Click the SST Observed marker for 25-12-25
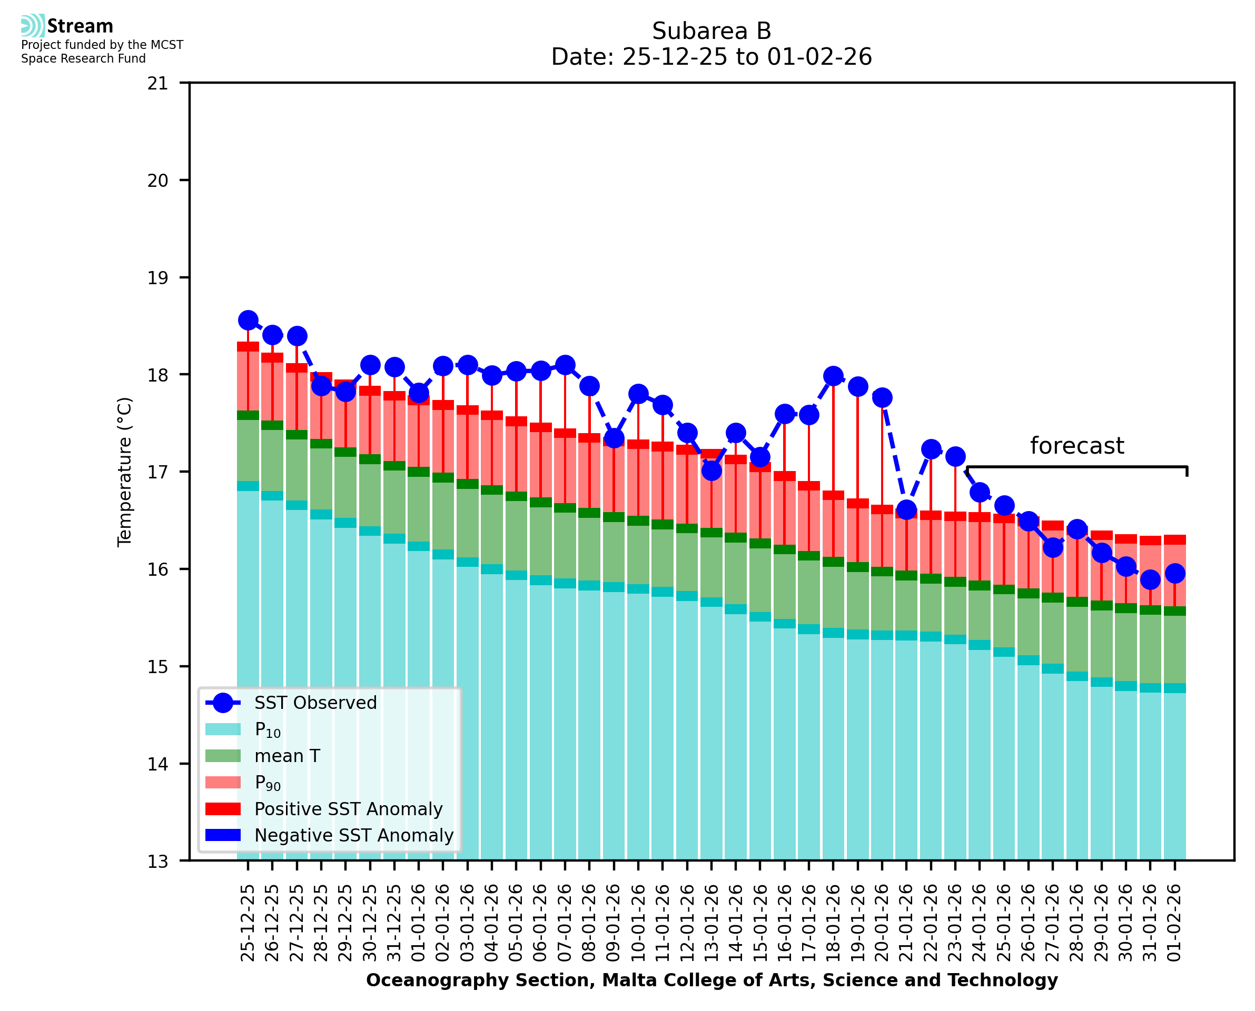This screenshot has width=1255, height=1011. tap(248, 321)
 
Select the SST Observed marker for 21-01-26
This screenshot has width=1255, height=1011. tap(906, 510)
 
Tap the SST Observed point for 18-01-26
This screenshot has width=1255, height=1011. tap(833, 376)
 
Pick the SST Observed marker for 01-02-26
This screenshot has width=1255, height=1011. tap(1174, 574)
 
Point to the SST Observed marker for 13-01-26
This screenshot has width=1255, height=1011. tap(712, 471)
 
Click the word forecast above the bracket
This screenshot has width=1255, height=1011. tap(1076, 446)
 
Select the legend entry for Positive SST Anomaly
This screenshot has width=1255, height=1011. tap(349, 809)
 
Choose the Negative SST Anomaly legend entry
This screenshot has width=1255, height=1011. tap(354, 835)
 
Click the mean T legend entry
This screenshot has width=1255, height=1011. tap(287, 756)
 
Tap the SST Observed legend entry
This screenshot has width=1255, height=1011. tap(315, 703)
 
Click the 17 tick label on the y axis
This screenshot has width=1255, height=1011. tap(157, 472)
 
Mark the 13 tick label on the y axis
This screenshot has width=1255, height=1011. tap(157, 861)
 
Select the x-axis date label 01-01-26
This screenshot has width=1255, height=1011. tap(419, 923)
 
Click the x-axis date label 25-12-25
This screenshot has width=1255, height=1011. tap(248, 923)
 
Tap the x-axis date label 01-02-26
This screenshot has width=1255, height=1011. tap(1174, 923)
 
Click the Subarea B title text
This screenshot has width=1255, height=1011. tap(712, 31)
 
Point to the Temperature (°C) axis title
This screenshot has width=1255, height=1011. tap(125, 472)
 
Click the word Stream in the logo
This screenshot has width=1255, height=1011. tap(80, 26)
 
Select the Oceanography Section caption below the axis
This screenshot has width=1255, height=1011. tap(712, 980)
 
